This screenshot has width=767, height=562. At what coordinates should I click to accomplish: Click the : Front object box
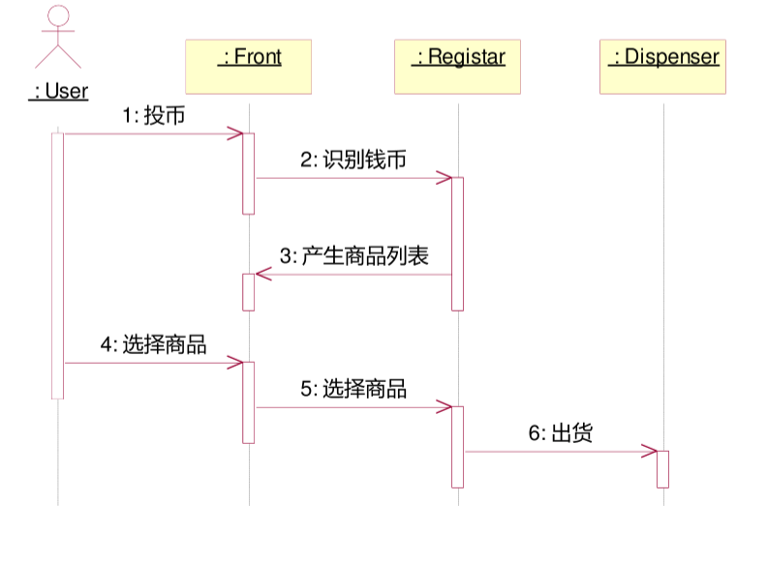coord(249,66)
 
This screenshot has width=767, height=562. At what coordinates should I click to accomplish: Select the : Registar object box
coord(458,66)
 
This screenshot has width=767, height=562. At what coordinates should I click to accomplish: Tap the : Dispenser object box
coord(663,66)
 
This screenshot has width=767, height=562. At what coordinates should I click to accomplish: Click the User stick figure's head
coord(58,16)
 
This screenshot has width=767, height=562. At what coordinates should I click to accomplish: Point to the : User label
coord(58,92)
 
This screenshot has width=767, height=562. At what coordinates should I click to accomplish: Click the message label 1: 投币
coord(153,116)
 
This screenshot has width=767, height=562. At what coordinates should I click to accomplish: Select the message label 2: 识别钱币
coord(353,161)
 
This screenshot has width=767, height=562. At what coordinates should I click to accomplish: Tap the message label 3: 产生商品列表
coord(353,256)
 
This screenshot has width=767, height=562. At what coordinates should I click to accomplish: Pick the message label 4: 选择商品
coord(153,344)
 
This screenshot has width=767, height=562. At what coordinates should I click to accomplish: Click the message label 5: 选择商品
coord(353,389)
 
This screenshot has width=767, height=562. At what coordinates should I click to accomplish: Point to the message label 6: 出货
coord(560,433)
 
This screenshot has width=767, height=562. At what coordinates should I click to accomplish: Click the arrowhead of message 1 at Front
coord(236,133)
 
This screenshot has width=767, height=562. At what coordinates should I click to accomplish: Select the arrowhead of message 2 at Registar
coord(445,178)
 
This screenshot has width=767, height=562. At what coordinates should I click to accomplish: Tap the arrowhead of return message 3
coord(261,275)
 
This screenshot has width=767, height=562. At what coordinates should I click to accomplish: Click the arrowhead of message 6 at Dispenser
coord(651,451)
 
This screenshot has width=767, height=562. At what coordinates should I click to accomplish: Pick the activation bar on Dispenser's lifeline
coord(663,469)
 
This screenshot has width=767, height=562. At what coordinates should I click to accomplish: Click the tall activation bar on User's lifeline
coord(57,265)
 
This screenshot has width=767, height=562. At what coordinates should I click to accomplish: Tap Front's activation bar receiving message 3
coord(248,292)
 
